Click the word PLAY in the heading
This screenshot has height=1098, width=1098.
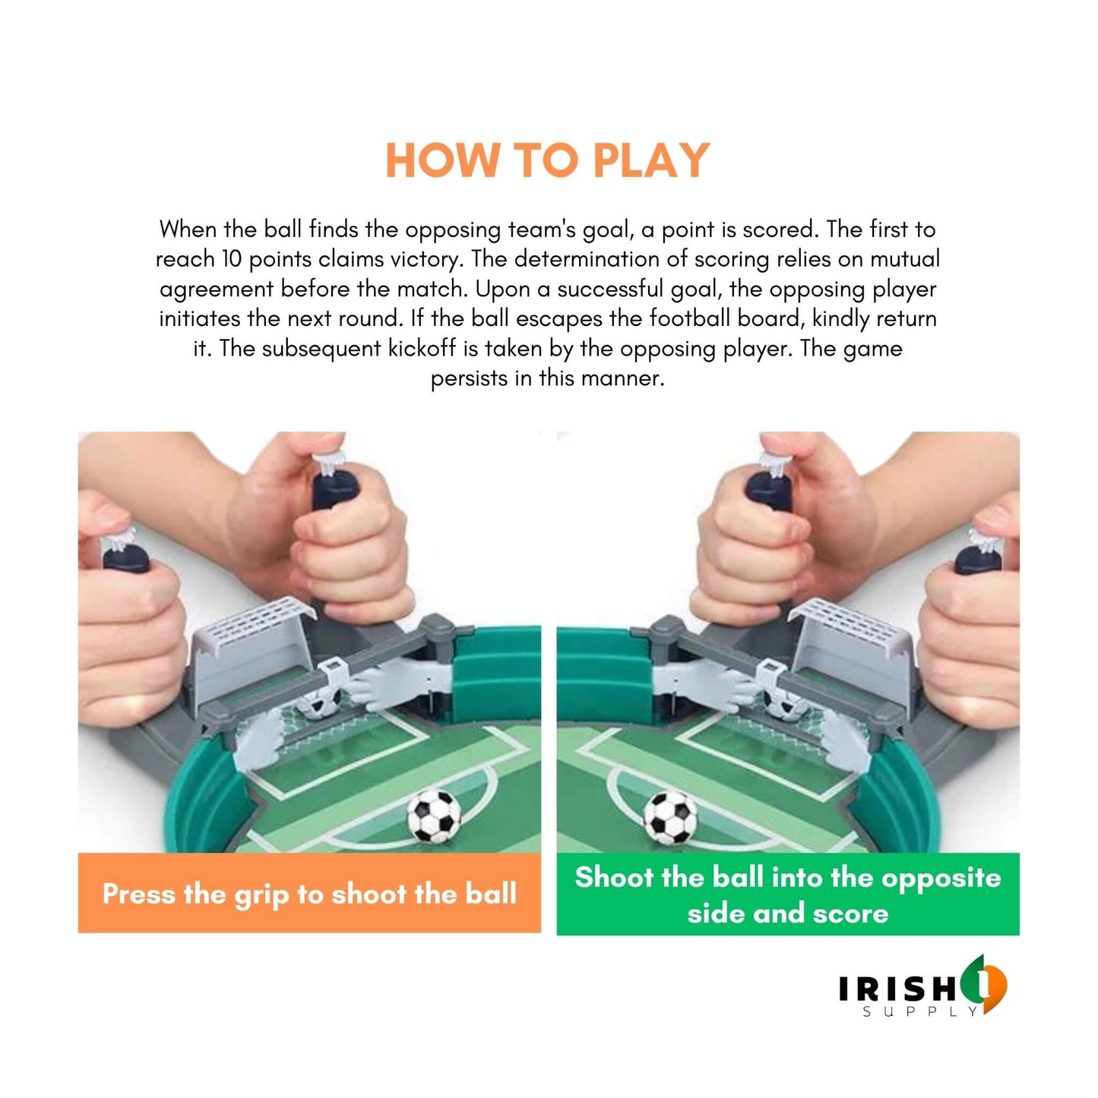pos(650,160)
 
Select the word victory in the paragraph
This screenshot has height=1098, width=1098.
pos(426,259)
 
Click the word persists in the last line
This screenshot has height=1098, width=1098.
pos(469,378)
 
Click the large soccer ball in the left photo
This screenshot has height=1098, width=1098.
pos(435,817)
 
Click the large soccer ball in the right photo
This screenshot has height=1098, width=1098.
pos(669,817)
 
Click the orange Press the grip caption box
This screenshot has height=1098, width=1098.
pos(309,894)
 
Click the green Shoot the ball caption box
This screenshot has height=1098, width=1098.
pos(788,894)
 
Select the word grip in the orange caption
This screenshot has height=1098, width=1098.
pos(262,895)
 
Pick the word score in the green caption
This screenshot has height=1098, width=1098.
pos(850,913)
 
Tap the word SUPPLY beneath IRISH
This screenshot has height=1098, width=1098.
pos(919,1012)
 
